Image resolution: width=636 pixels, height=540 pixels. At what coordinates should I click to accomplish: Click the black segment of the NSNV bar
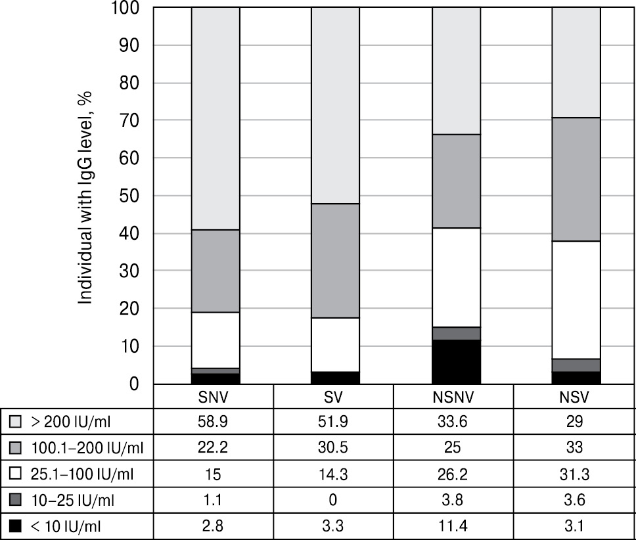coord(457,361)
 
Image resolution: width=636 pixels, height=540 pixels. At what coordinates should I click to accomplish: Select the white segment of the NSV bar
coord(576,300)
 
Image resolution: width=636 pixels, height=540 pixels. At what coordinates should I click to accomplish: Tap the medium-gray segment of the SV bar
coord(335,261)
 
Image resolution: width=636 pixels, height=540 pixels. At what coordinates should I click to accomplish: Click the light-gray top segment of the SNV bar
coord(216,118)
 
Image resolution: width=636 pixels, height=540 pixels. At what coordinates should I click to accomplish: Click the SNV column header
coord(214,398)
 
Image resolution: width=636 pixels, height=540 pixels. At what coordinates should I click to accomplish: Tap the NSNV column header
coord(453,398)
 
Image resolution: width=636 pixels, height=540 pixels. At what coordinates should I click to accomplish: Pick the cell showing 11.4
coord(453,526)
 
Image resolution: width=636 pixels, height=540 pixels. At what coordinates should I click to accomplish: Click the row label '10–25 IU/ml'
coord(73,500)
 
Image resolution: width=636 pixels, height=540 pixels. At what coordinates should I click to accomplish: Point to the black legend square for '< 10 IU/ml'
coord(16,526)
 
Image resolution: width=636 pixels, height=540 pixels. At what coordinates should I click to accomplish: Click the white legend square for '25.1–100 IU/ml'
coord(16,474)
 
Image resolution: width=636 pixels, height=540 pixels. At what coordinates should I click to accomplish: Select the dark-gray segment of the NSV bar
coord(576,365)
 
